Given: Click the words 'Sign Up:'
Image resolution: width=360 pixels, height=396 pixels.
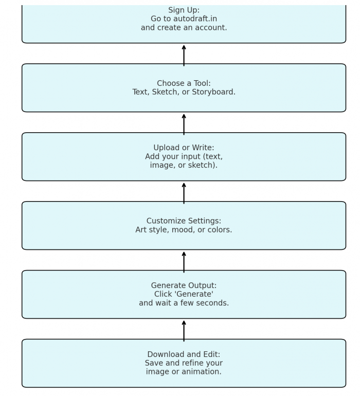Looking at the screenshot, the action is point(184,10).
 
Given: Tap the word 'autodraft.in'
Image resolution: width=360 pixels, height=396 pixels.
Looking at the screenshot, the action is point(195,19).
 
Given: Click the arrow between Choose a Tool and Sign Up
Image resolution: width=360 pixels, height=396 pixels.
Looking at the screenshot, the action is point(184,56).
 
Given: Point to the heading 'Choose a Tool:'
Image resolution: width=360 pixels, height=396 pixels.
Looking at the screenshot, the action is point(184,83).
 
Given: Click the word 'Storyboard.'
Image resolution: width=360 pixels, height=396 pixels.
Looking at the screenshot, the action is point(213,92).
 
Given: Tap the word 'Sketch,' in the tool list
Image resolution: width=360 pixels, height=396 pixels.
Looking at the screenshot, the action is point(165,92).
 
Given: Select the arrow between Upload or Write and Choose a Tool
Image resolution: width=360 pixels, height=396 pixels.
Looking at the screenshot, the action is point(184,124).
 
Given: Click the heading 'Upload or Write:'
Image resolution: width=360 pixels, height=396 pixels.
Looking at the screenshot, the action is point(184,148).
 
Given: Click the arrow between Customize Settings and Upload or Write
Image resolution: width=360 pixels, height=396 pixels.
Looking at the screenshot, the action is point(184,193).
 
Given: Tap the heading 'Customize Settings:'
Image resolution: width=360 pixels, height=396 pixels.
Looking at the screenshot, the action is point(184,221).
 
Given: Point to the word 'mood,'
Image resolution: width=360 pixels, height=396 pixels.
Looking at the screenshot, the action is point(184,230).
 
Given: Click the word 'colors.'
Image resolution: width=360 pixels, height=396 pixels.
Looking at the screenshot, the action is point(220,230).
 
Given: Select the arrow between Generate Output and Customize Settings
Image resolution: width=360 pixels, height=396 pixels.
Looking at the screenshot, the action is point(184,262).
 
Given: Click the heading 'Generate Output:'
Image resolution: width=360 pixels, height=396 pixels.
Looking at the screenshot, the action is point(184,285).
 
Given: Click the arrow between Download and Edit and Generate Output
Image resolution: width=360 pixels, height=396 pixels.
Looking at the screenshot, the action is point(184,331).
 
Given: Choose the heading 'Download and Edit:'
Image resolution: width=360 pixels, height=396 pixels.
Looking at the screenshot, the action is point(184,354).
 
